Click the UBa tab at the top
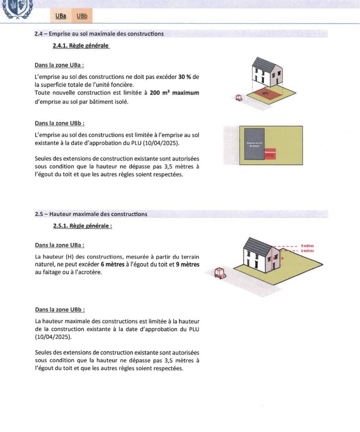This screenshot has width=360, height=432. pos(61,17)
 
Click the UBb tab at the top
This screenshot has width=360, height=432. pos(82,17)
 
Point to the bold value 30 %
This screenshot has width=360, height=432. pos(184,77)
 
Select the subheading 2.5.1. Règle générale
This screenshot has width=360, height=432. pos(82,226)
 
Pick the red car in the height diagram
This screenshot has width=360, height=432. pos(220,273)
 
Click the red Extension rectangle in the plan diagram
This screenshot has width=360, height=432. pos(270,153)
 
